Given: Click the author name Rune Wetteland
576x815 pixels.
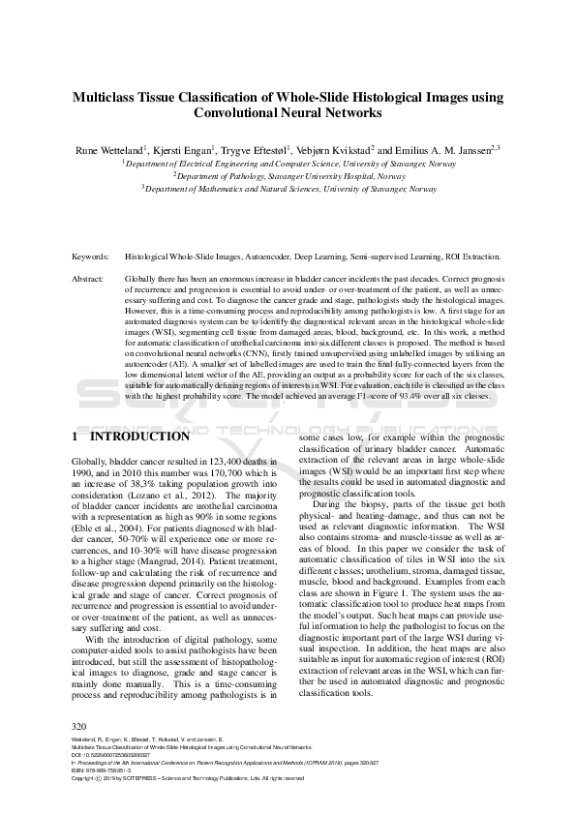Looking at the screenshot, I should point(109,151).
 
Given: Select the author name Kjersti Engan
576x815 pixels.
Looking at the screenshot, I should point(185,151).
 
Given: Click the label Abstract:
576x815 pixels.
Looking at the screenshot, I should point(88,278).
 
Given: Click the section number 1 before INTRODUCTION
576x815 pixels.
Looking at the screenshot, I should point(76,437).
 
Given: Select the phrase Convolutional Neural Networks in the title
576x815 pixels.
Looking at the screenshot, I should point(288,112).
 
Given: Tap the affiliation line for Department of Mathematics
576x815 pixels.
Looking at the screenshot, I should point(288,189).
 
